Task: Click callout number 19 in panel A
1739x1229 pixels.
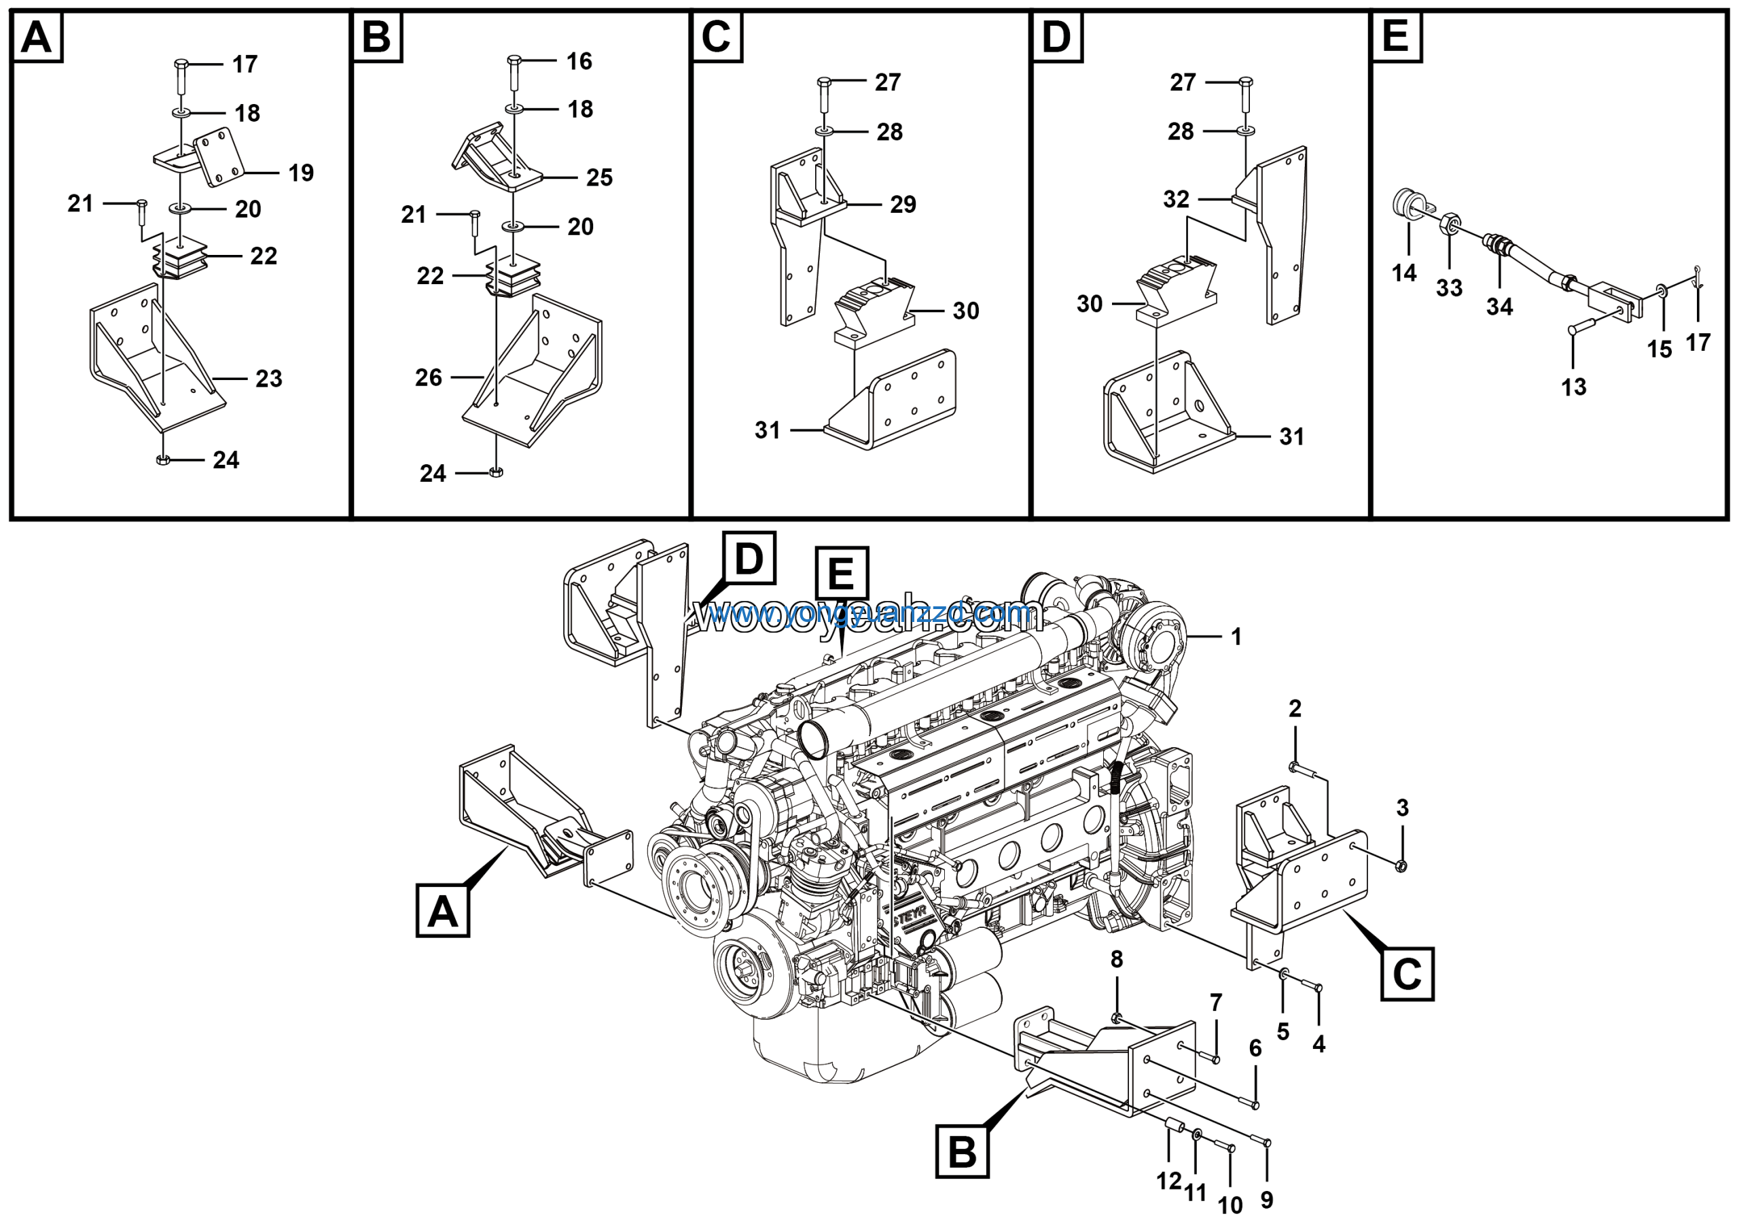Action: coord(301,173)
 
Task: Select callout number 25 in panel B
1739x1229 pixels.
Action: coord(599,177)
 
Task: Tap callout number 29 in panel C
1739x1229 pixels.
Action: coord(903,204)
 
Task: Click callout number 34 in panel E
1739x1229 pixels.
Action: coord(1499,307)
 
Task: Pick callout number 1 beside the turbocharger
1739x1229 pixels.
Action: coord(1236,636)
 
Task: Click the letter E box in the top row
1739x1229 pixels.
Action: coord(1395,35)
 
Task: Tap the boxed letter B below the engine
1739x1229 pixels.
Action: coord(962,1152)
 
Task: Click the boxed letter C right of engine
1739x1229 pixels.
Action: coord(1407,973)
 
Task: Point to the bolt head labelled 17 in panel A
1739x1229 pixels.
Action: coord(180,65)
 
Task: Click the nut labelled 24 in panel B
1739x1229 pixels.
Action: coord(496,473)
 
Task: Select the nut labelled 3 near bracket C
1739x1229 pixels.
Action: coord(1401,865)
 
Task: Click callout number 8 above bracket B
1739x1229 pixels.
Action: coord(1116,959)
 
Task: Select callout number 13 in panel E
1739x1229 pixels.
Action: coord(1573,387)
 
